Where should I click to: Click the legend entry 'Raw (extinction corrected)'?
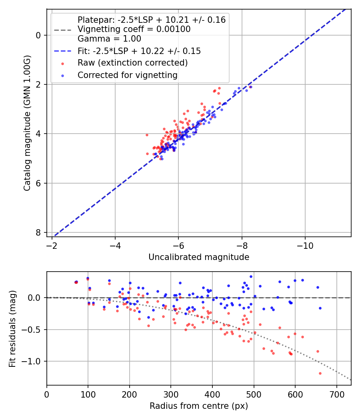pos(132,63)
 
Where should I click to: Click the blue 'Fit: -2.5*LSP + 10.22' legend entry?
pos(139,51)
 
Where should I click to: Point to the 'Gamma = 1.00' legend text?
pos(109,39)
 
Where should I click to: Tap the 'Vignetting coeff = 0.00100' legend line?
pos(134,29)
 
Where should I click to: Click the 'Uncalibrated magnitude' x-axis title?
pos(199,257)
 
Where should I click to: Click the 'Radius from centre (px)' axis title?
pos(199,406)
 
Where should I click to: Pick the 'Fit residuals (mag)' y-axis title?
pos(12,328)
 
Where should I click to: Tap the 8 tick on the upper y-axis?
pos(38,232)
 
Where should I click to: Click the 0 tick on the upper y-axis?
pos(38,35)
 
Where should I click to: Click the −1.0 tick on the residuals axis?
pos(33,361)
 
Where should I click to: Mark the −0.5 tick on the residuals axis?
pos(33,330)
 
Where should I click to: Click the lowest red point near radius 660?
pos(320,373)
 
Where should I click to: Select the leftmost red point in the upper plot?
pos(147,135)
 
